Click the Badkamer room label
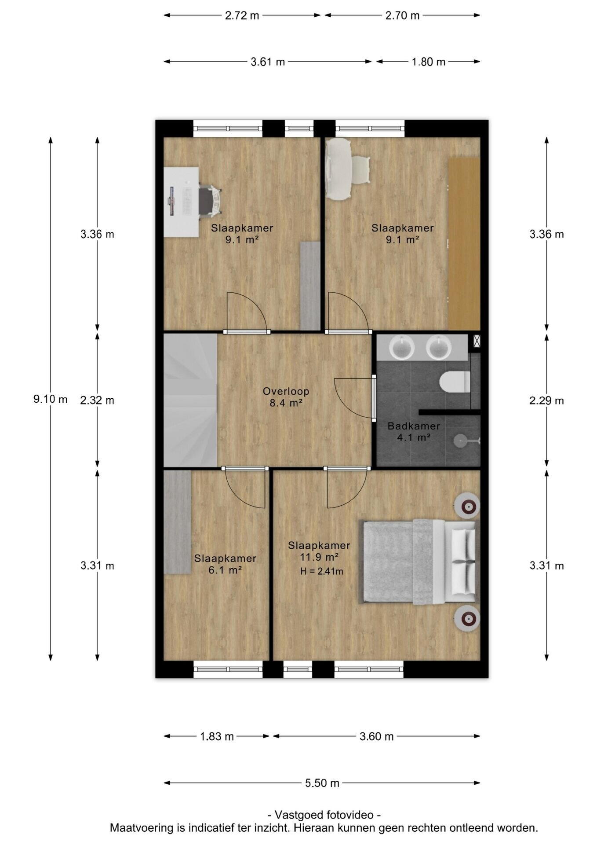pos(414,426)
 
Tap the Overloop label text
pos(286,391)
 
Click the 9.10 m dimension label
pos(51,399)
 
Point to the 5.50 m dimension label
pos(322,783)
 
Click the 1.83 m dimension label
pos(217,736)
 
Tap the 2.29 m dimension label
pos(546,400)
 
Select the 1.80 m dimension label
pos(429,62)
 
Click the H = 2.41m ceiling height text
pos(322,572)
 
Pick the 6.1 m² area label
pos(225,570)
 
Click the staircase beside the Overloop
pos(190,400)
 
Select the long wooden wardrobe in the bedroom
pos(464,244)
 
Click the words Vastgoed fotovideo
pos(324,815)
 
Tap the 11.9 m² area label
pos(319,557)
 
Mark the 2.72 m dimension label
pos(242,15)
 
